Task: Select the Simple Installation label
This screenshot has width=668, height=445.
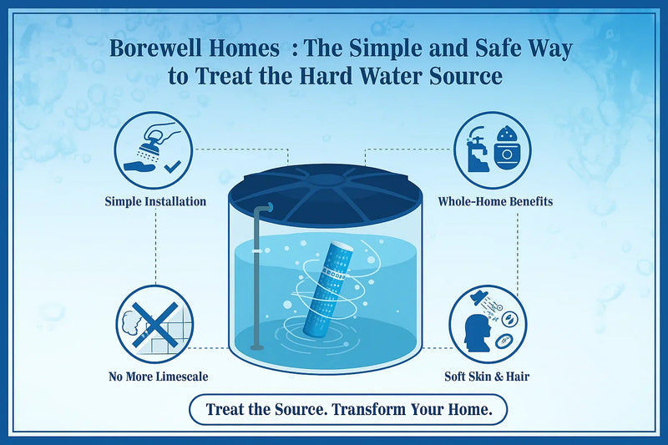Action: click(x=155, y=201)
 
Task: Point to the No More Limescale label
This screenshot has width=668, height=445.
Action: click(x=158, y=377)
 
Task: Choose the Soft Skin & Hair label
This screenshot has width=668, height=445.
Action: click(x=487, y=377)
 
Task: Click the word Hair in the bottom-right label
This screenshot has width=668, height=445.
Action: click(x=515, y=377)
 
